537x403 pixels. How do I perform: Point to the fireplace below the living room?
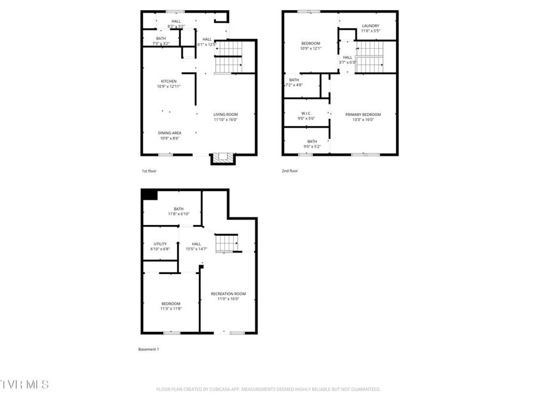223,158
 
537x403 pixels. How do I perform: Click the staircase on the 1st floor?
228,57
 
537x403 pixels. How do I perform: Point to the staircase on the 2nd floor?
369,57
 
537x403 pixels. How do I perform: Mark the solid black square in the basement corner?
149,195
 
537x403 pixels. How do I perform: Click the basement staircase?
226,243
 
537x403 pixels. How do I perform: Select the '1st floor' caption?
149,171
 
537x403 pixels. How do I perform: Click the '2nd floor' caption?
289,171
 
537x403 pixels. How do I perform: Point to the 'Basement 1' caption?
149,349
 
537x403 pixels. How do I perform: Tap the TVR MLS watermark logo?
25,383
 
